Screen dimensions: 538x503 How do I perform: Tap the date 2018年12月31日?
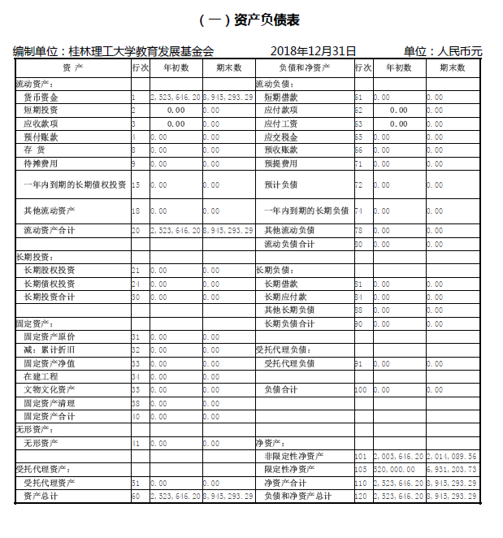[313, 51]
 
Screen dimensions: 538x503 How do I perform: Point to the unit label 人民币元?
[460, 51]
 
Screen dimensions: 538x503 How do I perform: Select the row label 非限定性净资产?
[293, 457]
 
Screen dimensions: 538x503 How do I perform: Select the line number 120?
[361, 496]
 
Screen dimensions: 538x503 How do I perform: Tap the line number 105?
[361, 470]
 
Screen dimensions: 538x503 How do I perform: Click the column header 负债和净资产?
[304, 68]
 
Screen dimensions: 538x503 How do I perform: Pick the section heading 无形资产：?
[33, 429]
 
